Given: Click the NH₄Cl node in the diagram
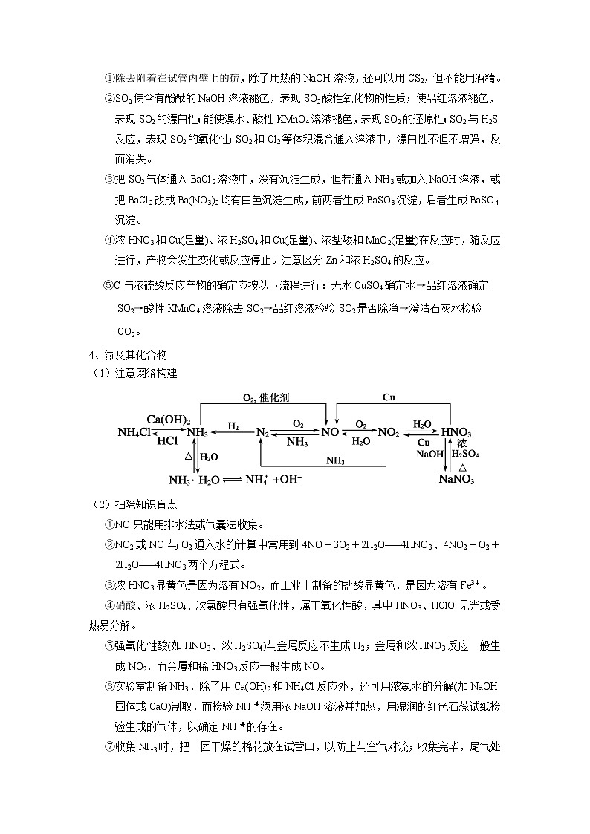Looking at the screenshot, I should click(136, 432).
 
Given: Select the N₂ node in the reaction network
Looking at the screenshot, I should click(262, 432).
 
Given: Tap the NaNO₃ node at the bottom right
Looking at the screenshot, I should click(456, 479).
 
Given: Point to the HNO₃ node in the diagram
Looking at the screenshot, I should click(456, 432).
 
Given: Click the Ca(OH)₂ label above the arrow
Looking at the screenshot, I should click(168, 420).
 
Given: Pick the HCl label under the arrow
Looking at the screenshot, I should click(167, 441).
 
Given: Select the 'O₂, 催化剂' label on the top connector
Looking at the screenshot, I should click(266, 398).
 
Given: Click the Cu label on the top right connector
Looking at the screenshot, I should click(389, 397).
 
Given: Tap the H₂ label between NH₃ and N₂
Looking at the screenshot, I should click(233, 426).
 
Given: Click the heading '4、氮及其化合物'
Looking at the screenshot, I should click(123, 355).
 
